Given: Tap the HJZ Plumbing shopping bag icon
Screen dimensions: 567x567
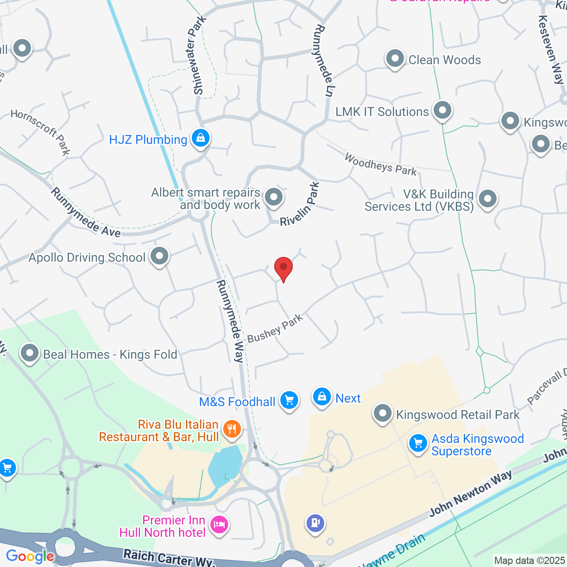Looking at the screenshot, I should [x=201, y=139].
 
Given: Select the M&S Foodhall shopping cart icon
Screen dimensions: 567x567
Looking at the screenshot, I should [x=289, y=401].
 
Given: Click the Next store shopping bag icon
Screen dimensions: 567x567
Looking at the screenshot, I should [x=322, y=397].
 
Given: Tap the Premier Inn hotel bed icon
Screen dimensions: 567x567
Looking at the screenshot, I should [x=219, y=525].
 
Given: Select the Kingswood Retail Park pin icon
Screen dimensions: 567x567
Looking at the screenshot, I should [x=383, y=414].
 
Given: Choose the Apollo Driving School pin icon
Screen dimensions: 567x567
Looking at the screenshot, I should [x=159, y=256].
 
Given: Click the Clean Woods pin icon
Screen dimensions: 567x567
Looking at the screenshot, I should [x=395, y=59].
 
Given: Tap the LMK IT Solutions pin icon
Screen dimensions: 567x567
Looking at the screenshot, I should [x=443, y=111].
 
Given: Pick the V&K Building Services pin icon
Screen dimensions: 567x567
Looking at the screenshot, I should [x=488, y=199].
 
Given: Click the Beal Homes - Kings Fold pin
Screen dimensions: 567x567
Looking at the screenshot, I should [x=30, y=354].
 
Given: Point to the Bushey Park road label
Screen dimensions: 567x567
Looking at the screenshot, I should [x=275, y=328].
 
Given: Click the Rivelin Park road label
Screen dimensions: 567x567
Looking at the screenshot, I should [x=300, y=205].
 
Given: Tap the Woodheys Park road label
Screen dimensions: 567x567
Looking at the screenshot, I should [x=381, y=165].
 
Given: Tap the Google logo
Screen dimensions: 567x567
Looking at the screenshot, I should [x=30, y=556].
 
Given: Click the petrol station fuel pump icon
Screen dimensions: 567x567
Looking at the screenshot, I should [x=315, y=524].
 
